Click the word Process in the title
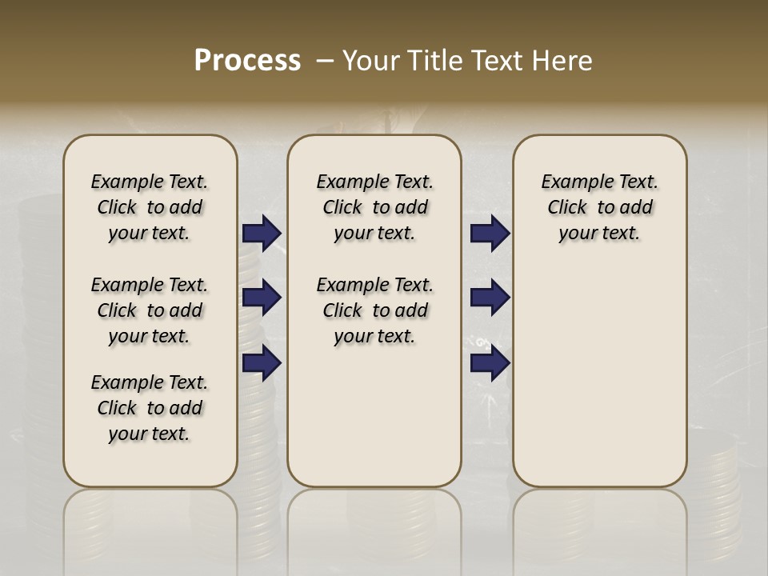(x=247, y=61)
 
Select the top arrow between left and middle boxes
(x=262, y=233)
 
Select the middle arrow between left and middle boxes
(x=262, y=298)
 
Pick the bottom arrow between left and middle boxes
(x=262, y=362)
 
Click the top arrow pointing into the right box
(x=490, y=233)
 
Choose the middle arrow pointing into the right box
(x=490, y=298)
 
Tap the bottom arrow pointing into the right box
(x=490, y=362)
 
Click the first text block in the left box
(x=150, y=207)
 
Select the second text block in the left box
(x=150, y=310)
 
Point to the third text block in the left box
(x=150, y=408)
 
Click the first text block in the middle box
(x=374, y=207)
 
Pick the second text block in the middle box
(x=374, y=310)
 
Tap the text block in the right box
(x=600, y=207)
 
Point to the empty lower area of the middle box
(x=374, y=416)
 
